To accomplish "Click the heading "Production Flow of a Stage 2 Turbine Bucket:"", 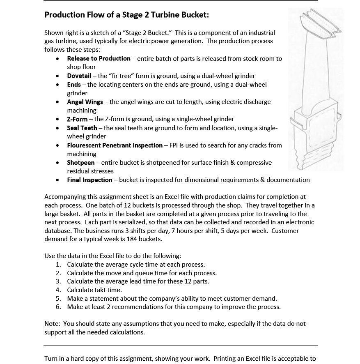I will tap(126, 15).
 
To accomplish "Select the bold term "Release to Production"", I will tap(99, 58).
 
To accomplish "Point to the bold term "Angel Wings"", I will tap(85, 101).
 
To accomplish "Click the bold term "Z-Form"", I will tap(77, 119).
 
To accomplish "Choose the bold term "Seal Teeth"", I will tap(82, 128).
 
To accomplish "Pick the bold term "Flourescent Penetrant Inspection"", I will tap(115, 145).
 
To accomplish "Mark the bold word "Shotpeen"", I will tap(81, 162).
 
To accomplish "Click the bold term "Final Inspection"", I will tap(89, 180).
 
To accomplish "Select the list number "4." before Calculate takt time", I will tap(58, 290).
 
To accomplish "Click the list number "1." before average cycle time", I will tap(58, 264).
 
